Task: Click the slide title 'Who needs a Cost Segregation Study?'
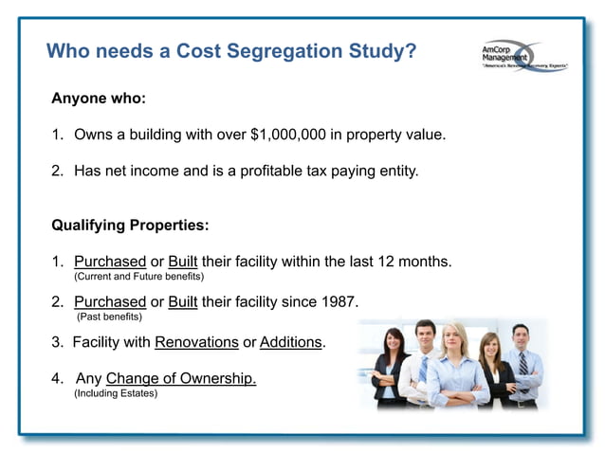click(x=231, y=50)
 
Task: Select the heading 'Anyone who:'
click(x=99, y=99)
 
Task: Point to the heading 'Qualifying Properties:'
click(x=130, y=226)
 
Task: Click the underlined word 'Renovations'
click(x=196, y=341)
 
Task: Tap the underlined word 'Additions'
click(x=290, y=341)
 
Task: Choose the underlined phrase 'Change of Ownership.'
click(x=181, y=378)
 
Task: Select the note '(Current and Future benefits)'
click(x=138, y=276)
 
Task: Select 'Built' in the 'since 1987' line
click(x=185, y=302)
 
